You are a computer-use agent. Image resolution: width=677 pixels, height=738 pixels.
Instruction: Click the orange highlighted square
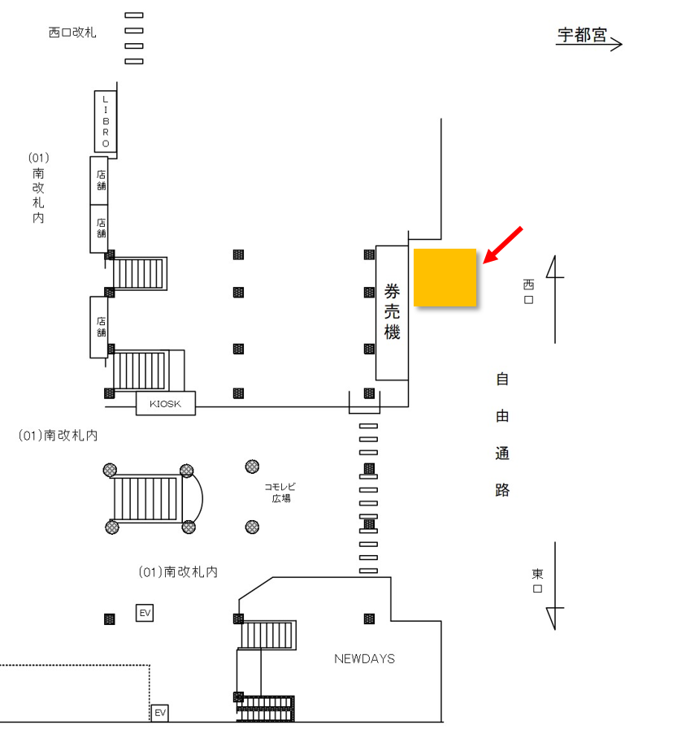[x=445, y=277]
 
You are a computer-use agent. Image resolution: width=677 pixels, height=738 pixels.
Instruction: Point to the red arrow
[x=502, y=245]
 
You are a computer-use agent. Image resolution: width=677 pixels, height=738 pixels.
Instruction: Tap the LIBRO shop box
[x=105, y=120]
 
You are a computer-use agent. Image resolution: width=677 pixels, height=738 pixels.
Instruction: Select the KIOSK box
[x=166, y=403]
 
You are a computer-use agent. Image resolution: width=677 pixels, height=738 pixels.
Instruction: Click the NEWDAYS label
[x=364, y=658]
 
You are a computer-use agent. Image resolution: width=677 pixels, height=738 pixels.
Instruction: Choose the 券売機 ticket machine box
[x=391, y=312]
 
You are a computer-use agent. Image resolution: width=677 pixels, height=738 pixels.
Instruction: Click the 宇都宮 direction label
[x=582, y=35]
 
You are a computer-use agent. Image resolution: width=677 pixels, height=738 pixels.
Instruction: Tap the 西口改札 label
[x=72, y=33]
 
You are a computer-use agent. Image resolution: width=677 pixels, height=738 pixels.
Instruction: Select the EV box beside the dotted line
[x=160, y=713]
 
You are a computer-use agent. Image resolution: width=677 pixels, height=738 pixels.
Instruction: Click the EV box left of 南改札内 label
[x=145, y=613]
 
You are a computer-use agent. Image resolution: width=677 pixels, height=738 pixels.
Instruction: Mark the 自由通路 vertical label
[x=502, y=435]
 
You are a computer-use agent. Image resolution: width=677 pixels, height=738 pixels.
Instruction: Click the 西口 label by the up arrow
[x=528, y=292]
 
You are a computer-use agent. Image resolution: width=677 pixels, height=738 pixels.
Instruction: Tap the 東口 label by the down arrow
[x=537, y=581]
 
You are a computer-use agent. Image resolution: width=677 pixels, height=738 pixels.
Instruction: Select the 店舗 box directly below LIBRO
[x=99, y=180]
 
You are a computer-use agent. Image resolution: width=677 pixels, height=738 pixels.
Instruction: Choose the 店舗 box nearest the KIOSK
[x=99, y=327]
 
